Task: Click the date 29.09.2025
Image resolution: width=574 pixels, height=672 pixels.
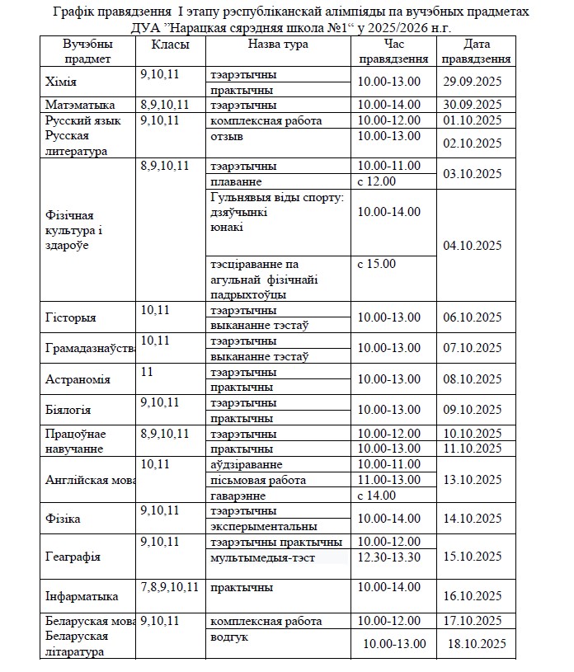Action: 473,82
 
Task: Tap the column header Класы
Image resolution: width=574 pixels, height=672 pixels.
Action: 170,45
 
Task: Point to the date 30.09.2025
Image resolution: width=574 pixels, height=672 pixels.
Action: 473,105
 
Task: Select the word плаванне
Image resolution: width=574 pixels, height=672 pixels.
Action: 236,181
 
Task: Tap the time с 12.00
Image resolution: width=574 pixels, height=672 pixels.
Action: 376,181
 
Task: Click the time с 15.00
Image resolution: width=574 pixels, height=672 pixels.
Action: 376,264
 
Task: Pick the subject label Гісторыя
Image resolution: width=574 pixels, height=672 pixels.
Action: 70,317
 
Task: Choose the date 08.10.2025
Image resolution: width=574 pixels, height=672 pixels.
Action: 473,379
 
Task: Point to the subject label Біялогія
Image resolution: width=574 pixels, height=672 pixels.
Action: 68,410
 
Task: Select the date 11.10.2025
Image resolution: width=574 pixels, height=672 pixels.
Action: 473,449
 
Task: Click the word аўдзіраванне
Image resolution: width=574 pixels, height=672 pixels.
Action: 247,464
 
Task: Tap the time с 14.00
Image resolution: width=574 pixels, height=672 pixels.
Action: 376,496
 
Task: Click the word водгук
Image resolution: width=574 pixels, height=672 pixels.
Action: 229,637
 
